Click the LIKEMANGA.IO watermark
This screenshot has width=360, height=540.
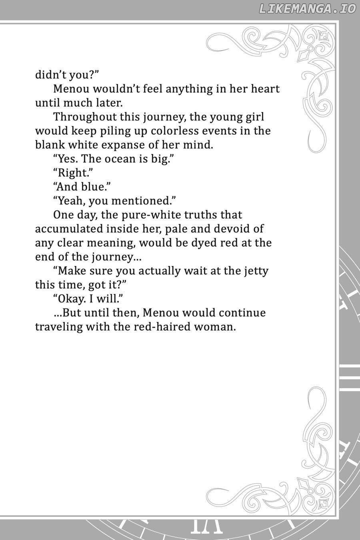[307, 9]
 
